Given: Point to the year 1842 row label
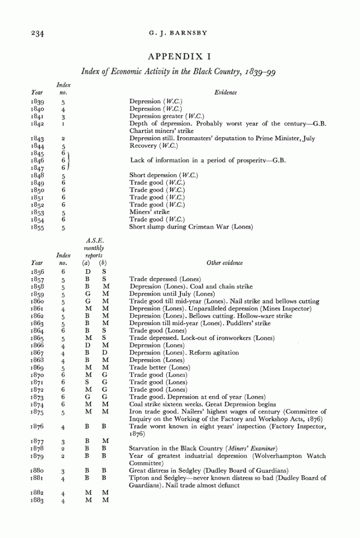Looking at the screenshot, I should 37,124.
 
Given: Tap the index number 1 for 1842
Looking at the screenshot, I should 63,124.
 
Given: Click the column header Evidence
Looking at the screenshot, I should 225,93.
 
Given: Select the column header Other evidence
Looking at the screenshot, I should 225,263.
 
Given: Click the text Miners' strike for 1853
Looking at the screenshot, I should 149,212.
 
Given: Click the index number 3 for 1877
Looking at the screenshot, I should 63,440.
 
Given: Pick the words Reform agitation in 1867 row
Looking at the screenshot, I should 216,353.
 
